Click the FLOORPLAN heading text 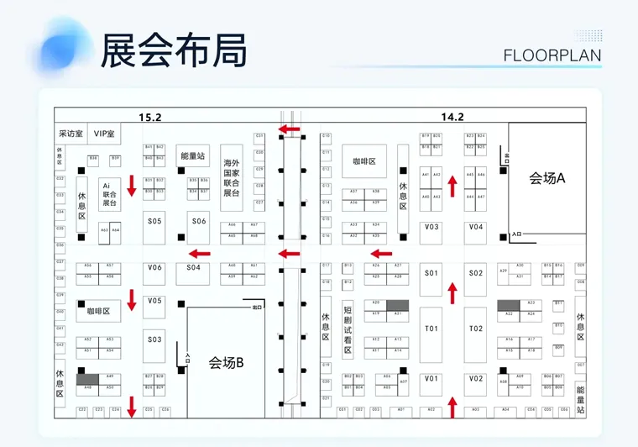click(x=552, y=55)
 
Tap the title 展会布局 click(x=173, y=50)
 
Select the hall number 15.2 click(x=151, y=117)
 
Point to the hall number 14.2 click(x=452, y=117)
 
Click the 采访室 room click(x=71, y=134)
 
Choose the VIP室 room click(x=105, y=134)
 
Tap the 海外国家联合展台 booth click(x=233, y=177)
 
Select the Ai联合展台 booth click(x=107, y=192)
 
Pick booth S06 click(x=198, y=221)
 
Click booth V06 click(x=154, y=267)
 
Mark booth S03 click(x=154, y=339)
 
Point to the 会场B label click(x=226, y=362)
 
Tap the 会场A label click(x=547, y=177)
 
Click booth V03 click(x=431, y=227)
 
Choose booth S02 click(x=476, y=273)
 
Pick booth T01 click(x=431, y=329)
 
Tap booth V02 click(x=476, y=379)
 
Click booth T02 click(x=476, y=329)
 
